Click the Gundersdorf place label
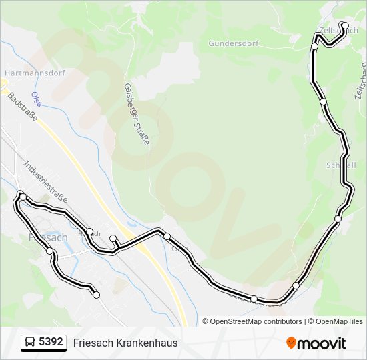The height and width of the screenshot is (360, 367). click(233, 43)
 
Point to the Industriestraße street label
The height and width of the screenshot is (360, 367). click(45, 181)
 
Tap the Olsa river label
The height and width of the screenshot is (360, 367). click(37, 99)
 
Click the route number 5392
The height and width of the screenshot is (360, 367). click(51, 342)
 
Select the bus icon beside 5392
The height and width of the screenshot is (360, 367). click(30, 343)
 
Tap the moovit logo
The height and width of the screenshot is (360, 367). click(316, 343)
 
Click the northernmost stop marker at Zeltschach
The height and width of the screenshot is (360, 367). click(345, 26)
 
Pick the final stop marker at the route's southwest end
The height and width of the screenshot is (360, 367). click(96, 295)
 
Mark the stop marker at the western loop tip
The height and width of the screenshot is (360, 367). click(23, 197)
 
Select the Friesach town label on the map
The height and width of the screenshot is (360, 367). click(48, 237)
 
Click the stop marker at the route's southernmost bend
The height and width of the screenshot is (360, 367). click(254, 299)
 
